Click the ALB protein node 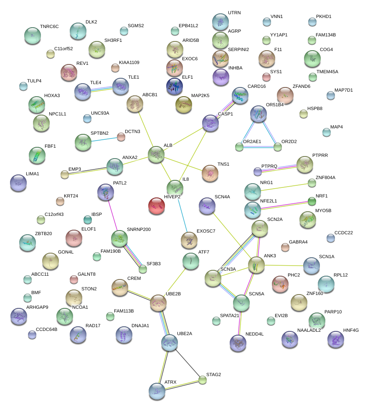pyautogui.click(x=156, y=154)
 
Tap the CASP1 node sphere pyautogui.click(x=210, y=123)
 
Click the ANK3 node pyautogui.click(x=256, y=265)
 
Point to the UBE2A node pyautogui.click(x=170, y=343)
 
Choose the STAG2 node pyautogui.click(x=203, y=380)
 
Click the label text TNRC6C pyautogui.click(x=49, y=27)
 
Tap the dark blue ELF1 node pyautogui.click(x=174, y=86)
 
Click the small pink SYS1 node pyautogui.click(x=266, y=77)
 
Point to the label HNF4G pyautogui.click(x=351, y=331)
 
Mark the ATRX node pyautogui.click(x=157, y=391)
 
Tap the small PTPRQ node pyautogui.click(x=258, y=171)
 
